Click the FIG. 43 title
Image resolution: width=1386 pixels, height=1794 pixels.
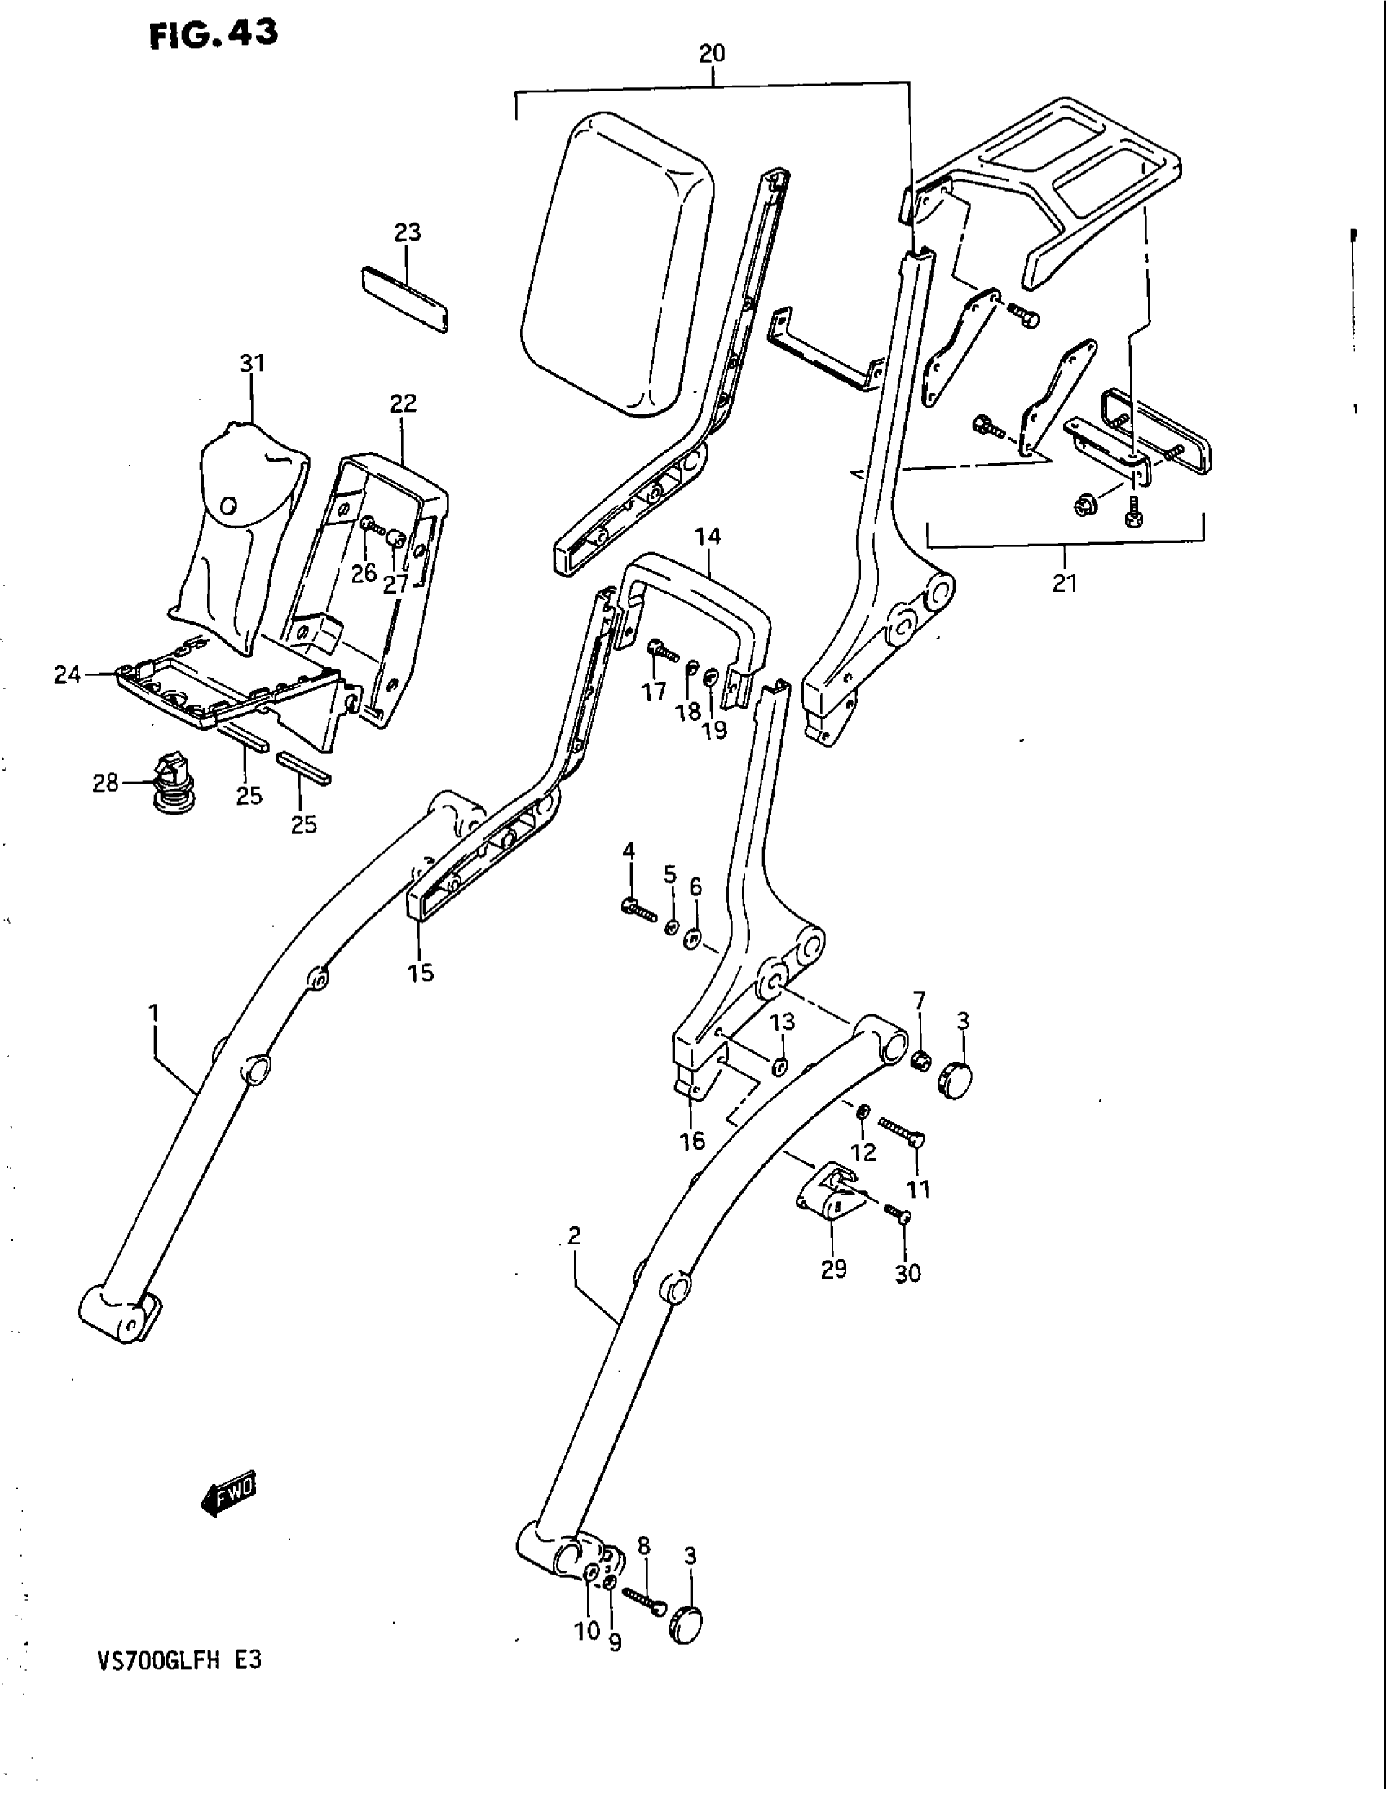(214, 34)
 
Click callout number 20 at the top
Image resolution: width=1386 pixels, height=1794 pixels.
(711, 54)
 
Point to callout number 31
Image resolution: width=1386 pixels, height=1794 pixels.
(252, 362)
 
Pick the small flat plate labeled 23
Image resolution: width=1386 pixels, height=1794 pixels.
(407, 297)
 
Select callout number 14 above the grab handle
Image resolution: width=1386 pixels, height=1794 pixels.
(707, 537)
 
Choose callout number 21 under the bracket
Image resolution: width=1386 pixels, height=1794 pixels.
(1065, 583)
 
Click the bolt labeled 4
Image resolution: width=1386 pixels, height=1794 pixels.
(638, 908)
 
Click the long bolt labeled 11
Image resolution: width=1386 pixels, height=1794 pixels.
(902, 1135)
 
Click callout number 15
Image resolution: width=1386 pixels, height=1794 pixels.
(422, 974)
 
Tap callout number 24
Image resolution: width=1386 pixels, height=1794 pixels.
(68, 674)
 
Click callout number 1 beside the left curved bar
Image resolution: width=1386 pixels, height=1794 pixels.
(153, 1014)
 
